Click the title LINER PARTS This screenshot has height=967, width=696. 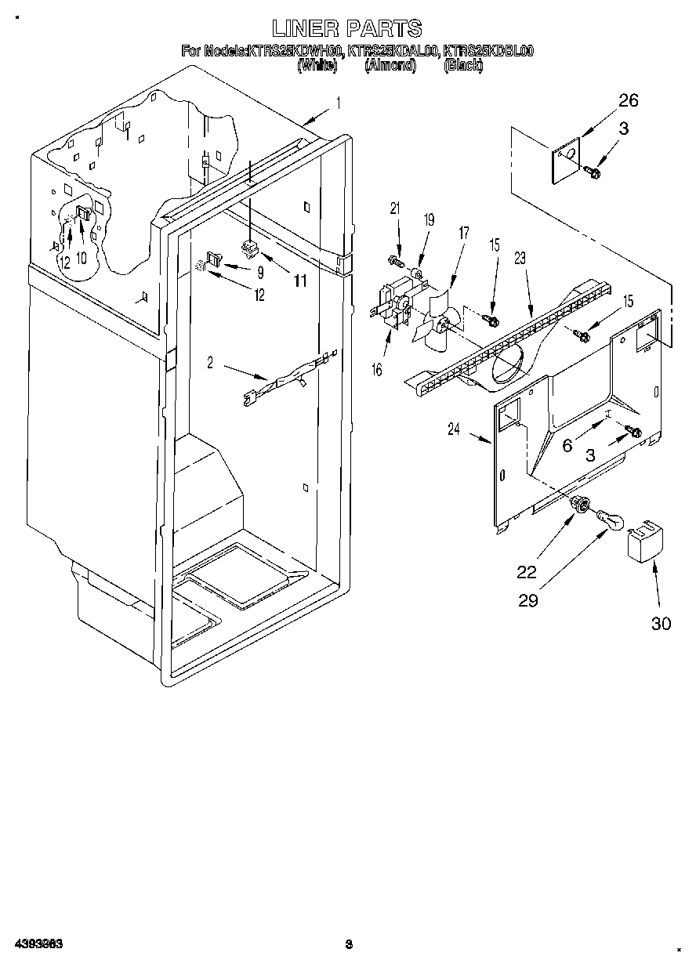pyautogui.click(x=346, y=29)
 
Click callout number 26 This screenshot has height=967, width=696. pyautogui.click(x=628, y=100)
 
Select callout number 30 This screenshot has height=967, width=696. pyautogui.click(x=662, y=624)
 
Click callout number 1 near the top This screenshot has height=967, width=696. pyautogui.click(x=338, y=101)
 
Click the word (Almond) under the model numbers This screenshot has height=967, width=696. pyautogui.click(x=390, y=67)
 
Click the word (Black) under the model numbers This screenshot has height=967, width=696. pyautogui.click(x=462, y=67)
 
